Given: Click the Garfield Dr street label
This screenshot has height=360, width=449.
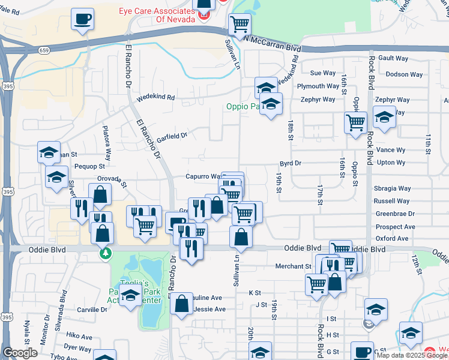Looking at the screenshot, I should [x=172, y=137].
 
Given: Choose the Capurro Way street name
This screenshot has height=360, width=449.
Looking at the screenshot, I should [x=202, y=176].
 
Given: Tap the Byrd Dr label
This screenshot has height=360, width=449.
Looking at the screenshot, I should [x=290, y=163].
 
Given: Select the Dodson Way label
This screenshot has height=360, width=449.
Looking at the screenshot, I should [x=404, y=74].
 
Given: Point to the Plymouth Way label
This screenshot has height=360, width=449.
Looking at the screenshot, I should [x=318, y=86].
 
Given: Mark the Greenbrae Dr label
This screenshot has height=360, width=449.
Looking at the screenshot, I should [x=395, y=214].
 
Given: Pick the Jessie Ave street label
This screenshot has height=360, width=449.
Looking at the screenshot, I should [x=208, y=309].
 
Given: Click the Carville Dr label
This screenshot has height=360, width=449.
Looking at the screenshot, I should [x=92, y=310].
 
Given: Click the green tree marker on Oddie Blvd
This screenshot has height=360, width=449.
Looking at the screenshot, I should [x=106, y=254].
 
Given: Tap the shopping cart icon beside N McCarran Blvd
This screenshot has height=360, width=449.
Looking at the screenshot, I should [x=240, y=25].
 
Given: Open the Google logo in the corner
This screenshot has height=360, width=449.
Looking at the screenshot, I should [x=20, y=353].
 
